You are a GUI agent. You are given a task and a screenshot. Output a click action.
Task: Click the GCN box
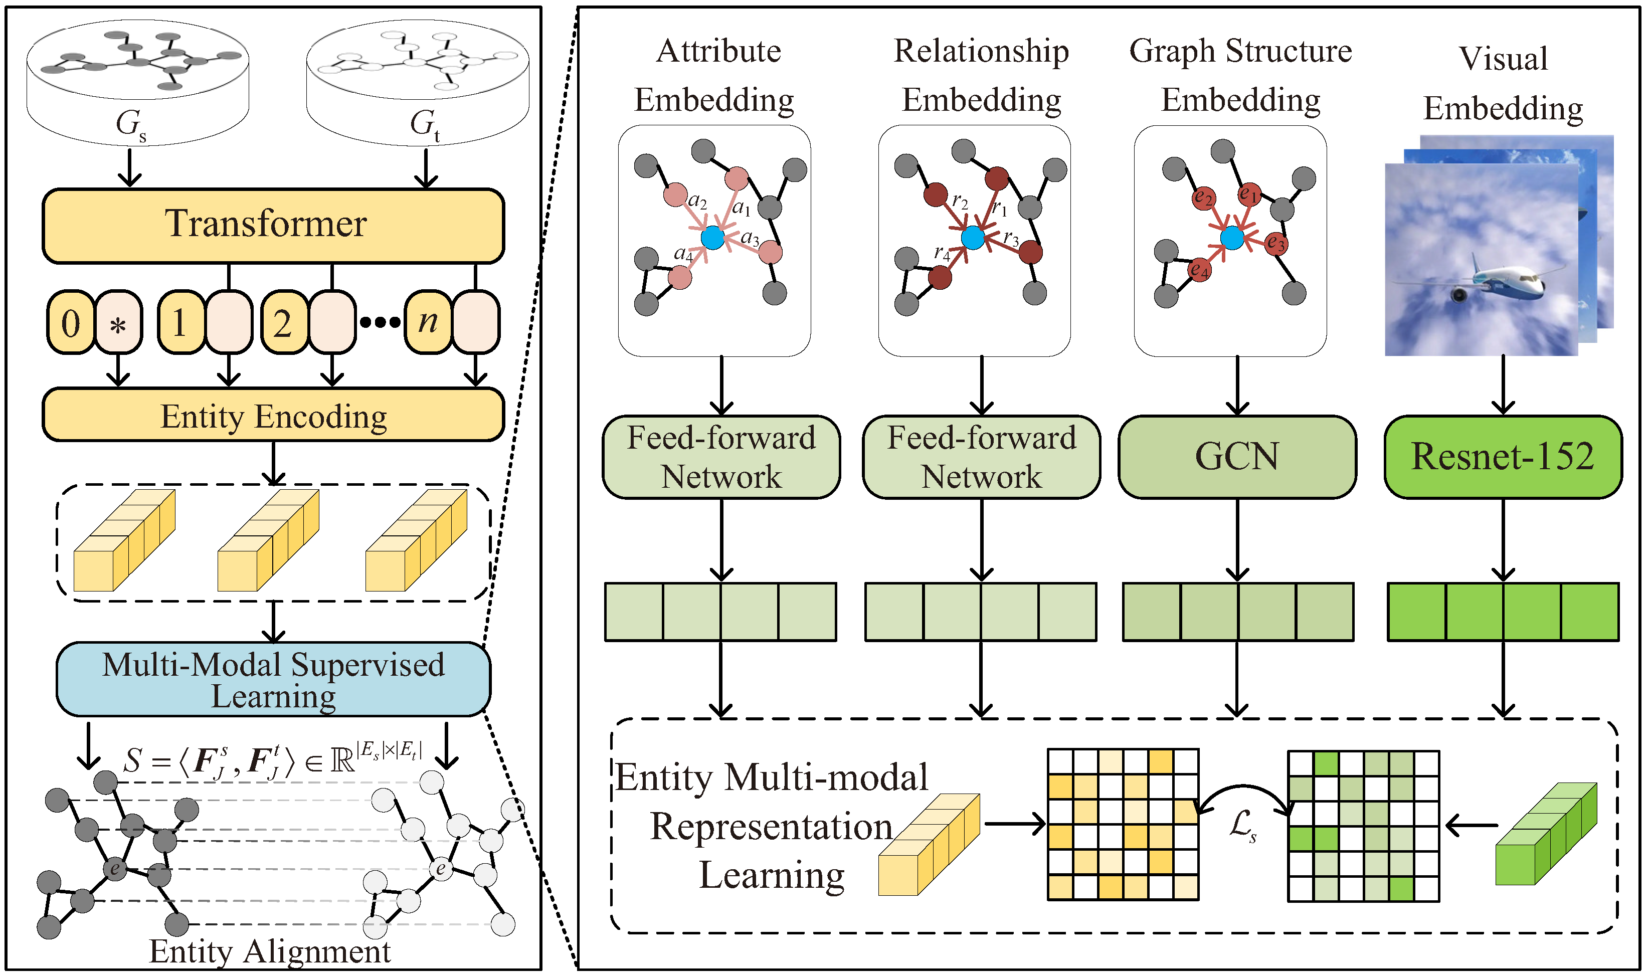[1237, 457]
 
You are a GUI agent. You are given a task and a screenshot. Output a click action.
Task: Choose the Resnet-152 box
[1503, 457]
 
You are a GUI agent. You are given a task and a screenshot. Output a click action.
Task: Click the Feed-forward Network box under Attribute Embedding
[721, 457]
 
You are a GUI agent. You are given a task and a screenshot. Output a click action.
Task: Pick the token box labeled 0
[70, 323]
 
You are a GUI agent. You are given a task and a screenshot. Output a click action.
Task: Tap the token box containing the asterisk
[118, 323]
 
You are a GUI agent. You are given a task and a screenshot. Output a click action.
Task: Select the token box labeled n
[428, 323]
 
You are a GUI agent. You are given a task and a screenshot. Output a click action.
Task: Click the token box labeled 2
[283, 323]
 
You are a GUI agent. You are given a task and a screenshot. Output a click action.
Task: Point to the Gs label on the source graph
[131, 124]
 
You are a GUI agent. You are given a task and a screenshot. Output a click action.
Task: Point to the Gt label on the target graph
[425, 124]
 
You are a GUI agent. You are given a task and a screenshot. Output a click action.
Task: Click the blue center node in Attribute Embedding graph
[712, 238]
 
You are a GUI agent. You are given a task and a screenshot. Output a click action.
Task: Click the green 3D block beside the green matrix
[1547, 833]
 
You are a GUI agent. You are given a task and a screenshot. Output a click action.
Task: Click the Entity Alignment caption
[270, 951]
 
